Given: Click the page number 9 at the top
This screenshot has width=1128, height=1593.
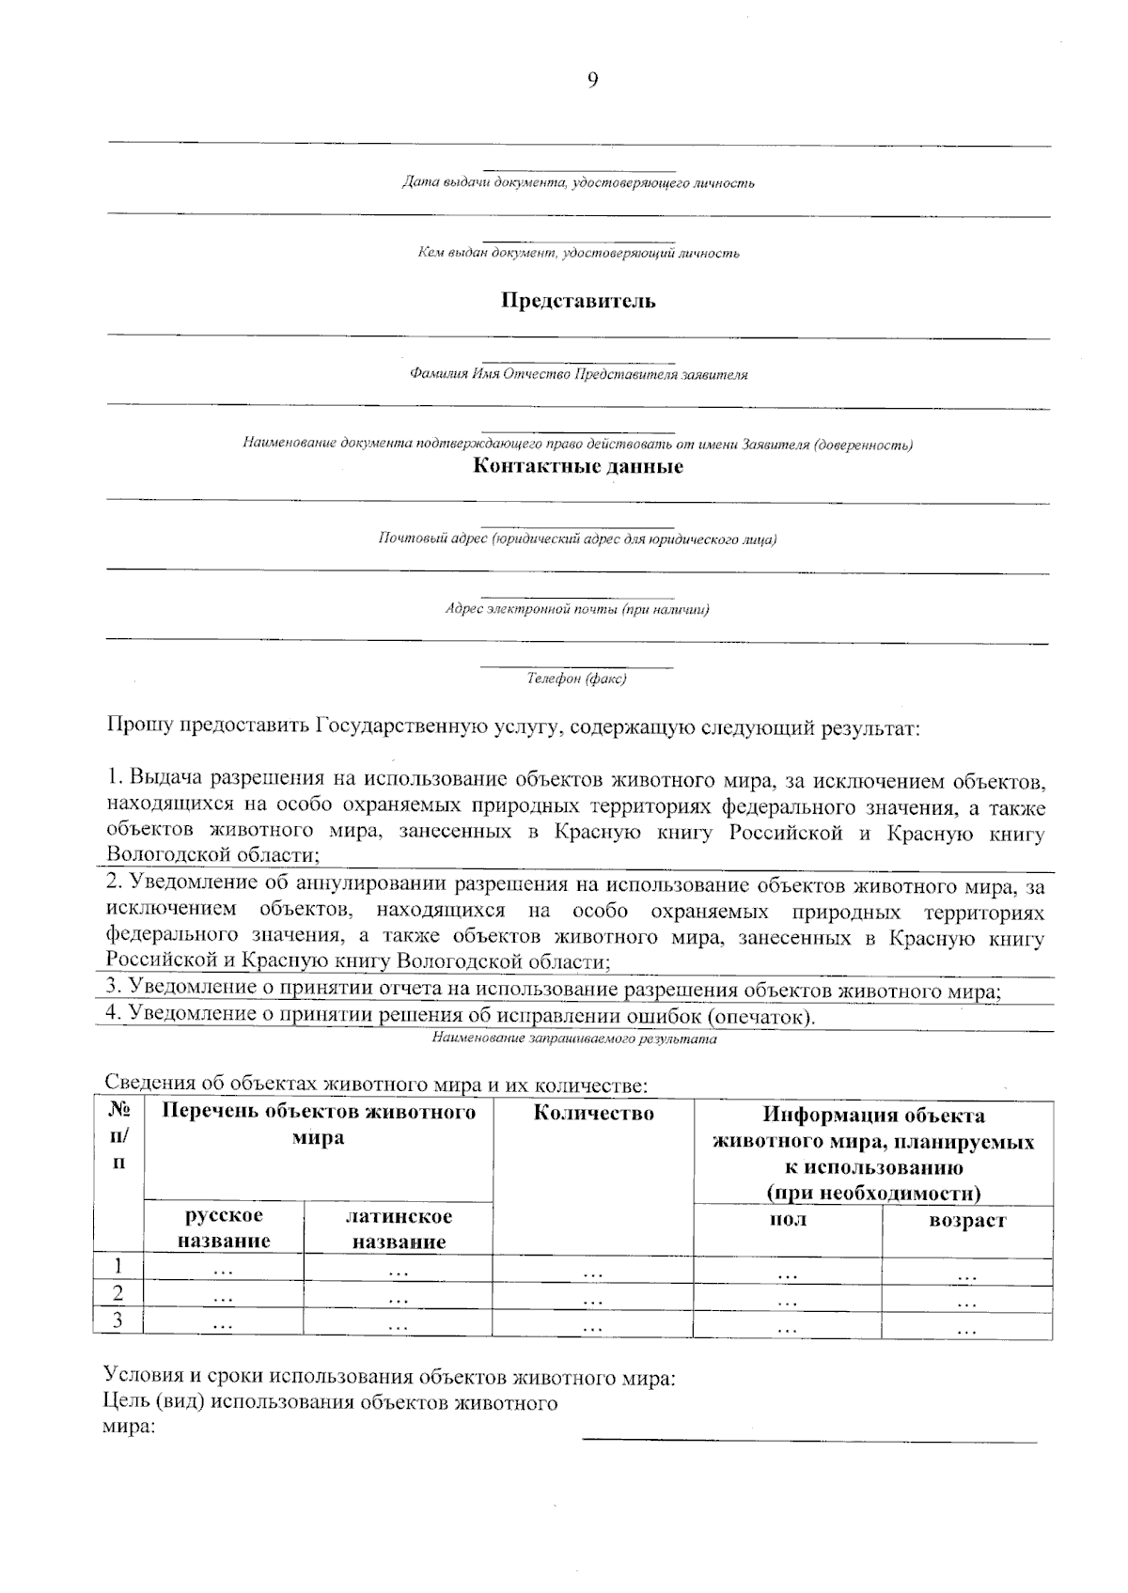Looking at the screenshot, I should coord(592,80).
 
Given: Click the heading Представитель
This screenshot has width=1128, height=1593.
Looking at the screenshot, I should coord(577,302).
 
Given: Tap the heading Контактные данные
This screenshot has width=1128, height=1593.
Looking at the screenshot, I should coord(577,467).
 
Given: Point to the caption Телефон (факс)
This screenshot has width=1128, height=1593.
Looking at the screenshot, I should coord(576,679).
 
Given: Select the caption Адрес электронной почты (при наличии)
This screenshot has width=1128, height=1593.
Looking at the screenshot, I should coord(576,609).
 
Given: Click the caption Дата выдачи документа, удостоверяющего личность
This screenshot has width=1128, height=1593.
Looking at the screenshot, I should coord(577,182).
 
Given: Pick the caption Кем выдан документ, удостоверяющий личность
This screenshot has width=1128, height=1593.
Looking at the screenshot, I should coord(577,253).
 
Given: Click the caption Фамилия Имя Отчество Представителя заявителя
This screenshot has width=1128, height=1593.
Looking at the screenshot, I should coord(578,374).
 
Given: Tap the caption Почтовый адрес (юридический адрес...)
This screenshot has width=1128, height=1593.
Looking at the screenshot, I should coord(576,539).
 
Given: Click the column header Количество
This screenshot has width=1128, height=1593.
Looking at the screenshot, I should coord(593,1115).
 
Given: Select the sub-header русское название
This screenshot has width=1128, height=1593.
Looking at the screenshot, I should coord(224,1228).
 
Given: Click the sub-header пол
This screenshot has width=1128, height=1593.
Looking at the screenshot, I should coord(787,1220).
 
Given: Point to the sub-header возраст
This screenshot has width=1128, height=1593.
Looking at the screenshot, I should coord(966,1221).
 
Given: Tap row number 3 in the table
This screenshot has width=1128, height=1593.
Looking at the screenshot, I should coord(117,1320).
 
